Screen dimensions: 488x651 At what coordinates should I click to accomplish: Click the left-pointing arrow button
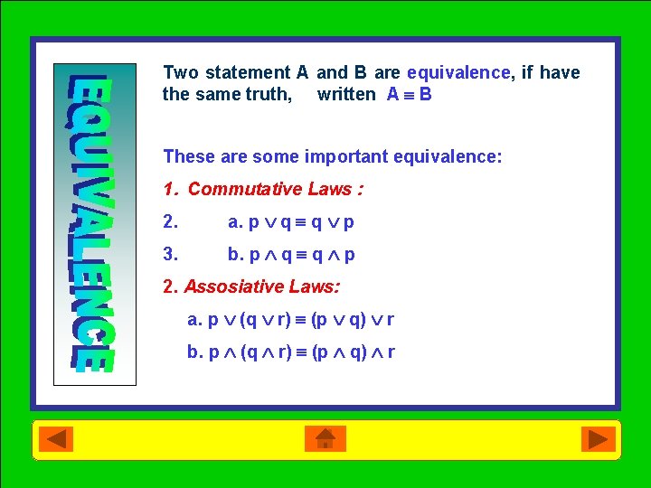click(x=56, y=439)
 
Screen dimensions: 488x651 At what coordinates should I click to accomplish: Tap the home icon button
click(x=325, y=439)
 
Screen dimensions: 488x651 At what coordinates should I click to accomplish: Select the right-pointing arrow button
click(x=596, y=439)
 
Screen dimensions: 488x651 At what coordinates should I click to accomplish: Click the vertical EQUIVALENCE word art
click(x=94, y=223)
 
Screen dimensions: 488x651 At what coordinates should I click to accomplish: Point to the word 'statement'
click(x=248, y=72)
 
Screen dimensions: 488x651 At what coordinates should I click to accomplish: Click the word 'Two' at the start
click(x=181, y=72)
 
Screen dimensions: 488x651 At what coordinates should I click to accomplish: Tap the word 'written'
click(x=346, y=94)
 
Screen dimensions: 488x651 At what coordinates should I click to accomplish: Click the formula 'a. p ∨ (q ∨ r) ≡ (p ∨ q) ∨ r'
click(x=290, y=319)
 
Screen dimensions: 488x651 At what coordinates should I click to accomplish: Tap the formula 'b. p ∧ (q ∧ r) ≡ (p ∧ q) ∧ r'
click(x=290, y=352)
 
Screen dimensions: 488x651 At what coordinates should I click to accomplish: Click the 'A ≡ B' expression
click(x=409, y=94)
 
